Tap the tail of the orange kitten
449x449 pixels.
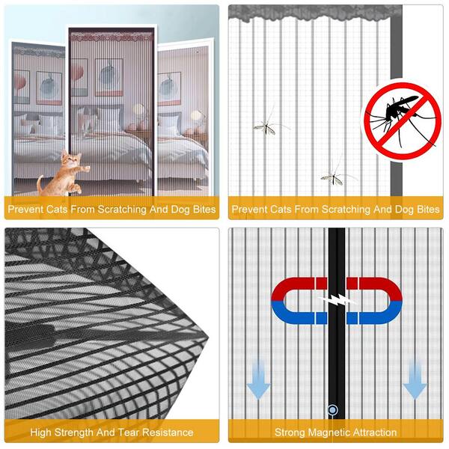[x=40, y=184]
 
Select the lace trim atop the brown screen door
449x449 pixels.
[x=112, y=37]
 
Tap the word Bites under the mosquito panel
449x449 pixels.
[x=428, y=210]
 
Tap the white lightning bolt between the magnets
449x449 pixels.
[x=337, y=300]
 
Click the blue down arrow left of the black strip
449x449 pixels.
[x=259, y=380]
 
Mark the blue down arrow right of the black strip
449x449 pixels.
[x=415, y=380]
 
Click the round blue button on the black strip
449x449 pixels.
[x=332, y=410]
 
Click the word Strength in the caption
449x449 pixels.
[x=74, y=433]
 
